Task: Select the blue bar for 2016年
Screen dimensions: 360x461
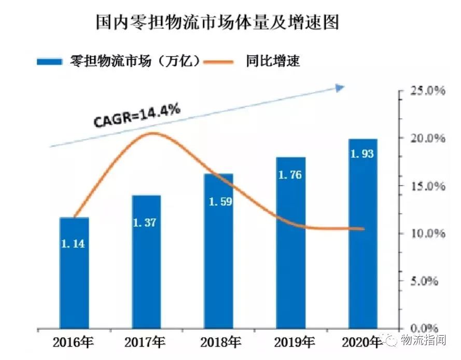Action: click(x=74, y=272)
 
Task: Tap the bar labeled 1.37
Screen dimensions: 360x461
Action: click(x=146, y=262)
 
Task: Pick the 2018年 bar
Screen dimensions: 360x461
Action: click(x=218, y=252)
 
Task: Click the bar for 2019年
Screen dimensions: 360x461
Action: click(x=290, y=244)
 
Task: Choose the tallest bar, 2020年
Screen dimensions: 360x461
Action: click(x=362, y=233)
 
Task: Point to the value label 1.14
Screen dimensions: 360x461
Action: click(x=73, y=243)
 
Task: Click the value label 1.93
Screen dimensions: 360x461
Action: click(x=362, y=154)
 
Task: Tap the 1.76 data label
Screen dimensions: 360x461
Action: click(x=290, y=175)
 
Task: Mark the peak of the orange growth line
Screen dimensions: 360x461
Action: click(x=151, y=133)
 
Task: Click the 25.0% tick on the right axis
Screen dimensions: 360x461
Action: click(x=428, y=91)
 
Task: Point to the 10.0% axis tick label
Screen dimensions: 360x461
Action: click(x=428, y=233)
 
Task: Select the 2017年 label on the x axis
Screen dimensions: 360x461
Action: click(x=145, y=342)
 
